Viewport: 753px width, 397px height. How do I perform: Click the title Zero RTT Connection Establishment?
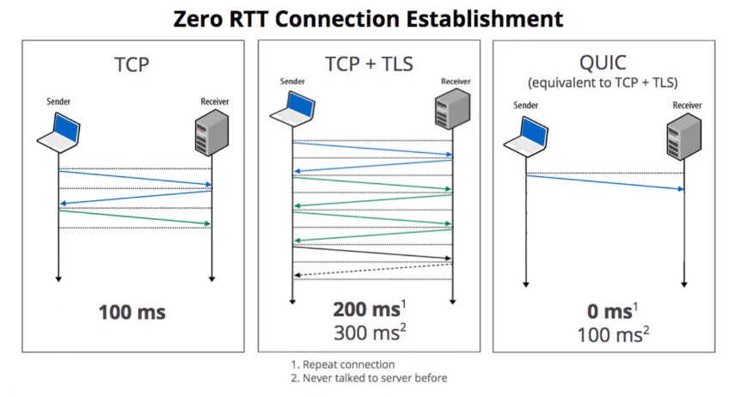point(376,18)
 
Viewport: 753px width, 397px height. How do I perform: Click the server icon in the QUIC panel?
point(684,137)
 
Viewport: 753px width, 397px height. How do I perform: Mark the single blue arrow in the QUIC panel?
point(605,181)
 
